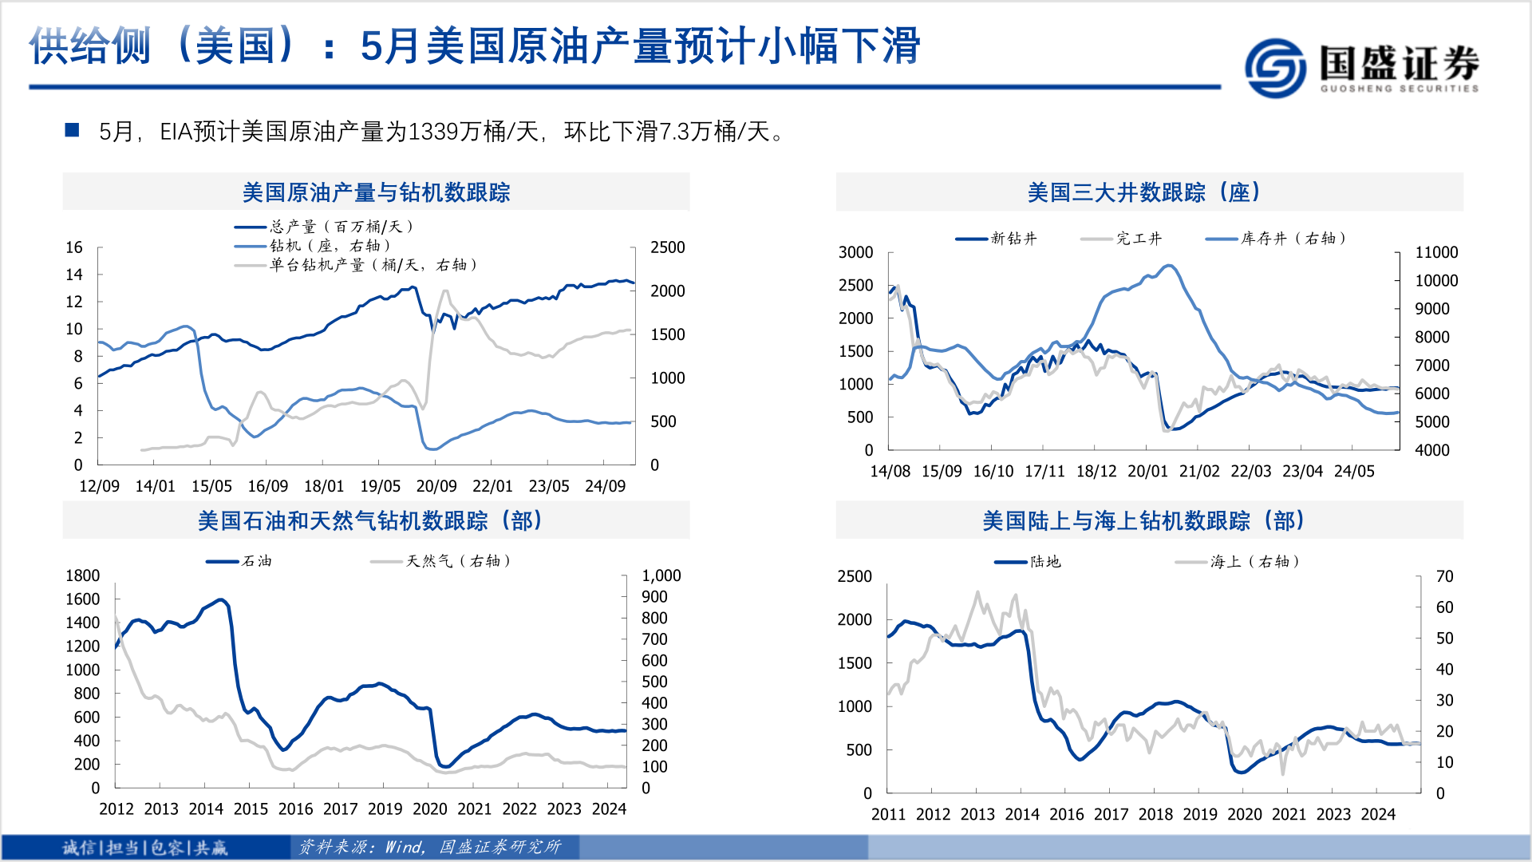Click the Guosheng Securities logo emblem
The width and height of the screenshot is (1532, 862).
[x=1275, y=68]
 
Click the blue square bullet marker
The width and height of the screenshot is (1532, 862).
[x=72, y=130]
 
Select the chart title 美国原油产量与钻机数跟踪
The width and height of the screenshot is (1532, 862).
[x=376, y=192]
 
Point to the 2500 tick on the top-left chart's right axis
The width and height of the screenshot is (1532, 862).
[x=667, y=247]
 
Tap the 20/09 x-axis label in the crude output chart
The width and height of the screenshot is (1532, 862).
[x=436, y=486]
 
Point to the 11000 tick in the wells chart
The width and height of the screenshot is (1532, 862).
[x=1435, y=252]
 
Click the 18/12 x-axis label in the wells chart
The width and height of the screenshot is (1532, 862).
[x=1096, y=471]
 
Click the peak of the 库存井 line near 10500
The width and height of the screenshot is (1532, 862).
[x=1169, y=266]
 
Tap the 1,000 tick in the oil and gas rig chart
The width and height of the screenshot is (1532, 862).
[x=661, y=575]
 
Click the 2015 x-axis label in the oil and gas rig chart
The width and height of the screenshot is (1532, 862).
[x=251, y=809]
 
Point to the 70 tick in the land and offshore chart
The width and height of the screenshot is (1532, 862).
[x=1444, y=576]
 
